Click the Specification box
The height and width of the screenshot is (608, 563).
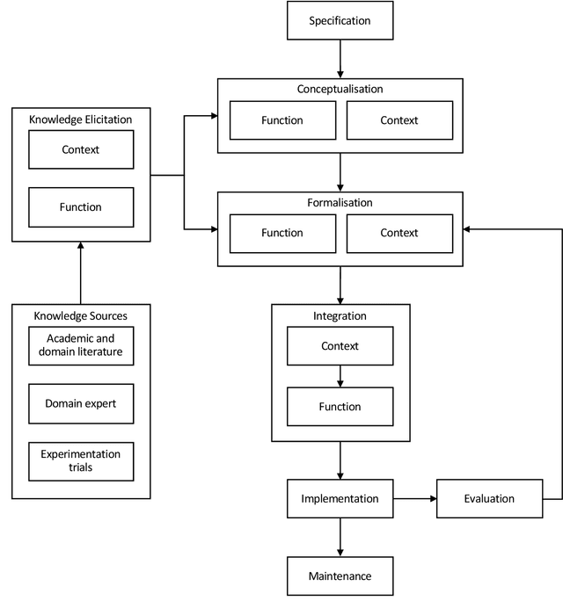tap(340, 20)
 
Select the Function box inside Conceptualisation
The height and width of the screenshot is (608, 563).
tap(281, 120)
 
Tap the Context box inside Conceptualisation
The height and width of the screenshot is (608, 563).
tap(398, 120)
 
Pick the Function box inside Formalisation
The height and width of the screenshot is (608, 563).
tap(281, 233)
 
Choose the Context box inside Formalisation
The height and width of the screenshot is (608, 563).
tap(398, 233)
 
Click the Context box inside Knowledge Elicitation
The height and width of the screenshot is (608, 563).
tap(81, 149)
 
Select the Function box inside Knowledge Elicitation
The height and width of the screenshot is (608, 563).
tap(81, 207)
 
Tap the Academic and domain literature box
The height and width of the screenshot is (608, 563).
tap(81, 345)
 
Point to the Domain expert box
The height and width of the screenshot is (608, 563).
tap(81, 404)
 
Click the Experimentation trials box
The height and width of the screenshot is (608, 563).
tap(81, 461)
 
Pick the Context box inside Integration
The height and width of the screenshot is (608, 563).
tap(340, 346)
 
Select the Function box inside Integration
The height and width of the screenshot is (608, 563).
tap(340, 407)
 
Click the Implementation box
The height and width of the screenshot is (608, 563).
tap(340, 498)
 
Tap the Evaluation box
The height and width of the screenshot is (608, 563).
tap(489, 498)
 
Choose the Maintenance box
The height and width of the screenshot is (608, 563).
tap(340, 576)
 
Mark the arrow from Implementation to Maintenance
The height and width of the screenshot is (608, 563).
tap(340, 537)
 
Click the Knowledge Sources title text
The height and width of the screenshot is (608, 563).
tap(81, 315)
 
